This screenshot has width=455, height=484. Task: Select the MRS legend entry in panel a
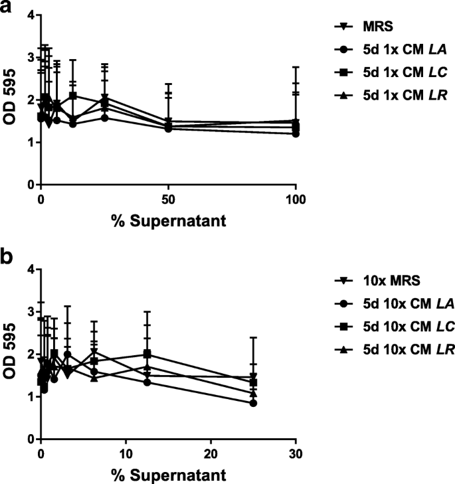tap(370, 27)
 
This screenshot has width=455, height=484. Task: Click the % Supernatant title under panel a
tap(168, 222)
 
